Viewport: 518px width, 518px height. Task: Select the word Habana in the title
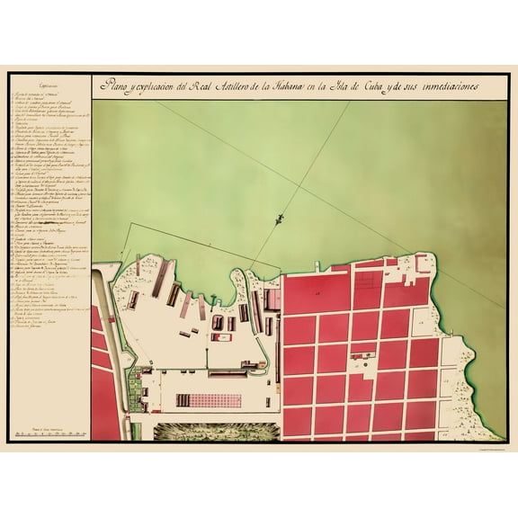point(291,86)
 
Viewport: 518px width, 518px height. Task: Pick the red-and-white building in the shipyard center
point(219,322)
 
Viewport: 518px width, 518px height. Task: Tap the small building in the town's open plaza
point(363,347)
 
